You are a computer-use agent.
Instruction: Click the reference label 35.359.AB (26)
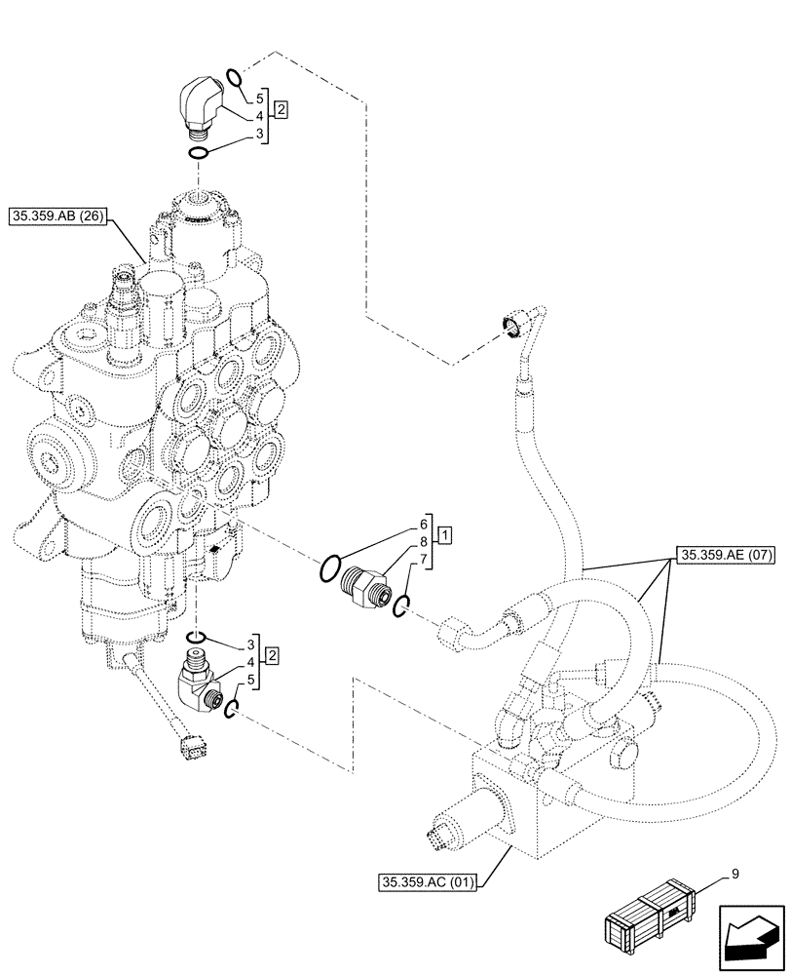coord(60,216)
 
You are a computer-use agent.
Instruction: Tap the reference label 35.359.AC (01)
coord(430,883)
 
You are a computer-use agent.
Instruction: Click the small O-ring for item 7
coord(401,607)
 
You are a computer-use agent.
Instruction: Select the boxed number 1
coord(443,534)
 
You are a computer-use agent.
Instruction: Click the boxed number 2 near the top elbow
coord(280,109)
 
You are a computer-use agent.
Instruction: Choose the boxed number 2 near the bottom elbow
coord(272,654)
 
